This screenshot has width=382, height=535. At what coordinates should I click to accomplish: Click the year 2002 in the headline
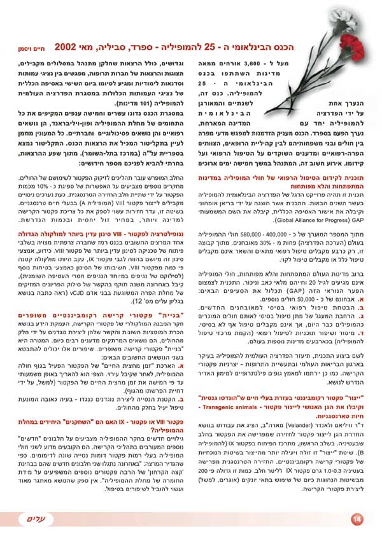69,47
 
